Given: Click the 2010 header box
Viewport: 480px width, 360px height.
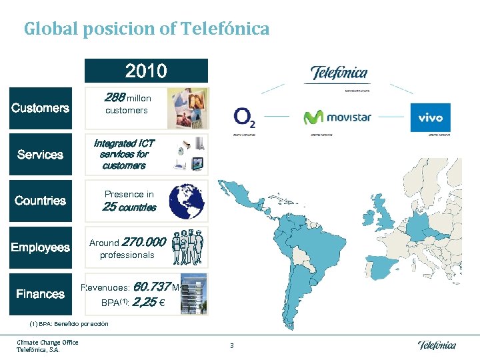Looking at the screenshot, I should pos(147,71).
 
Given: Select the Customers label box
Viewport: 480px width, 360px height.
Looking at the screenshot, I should pos(40,108).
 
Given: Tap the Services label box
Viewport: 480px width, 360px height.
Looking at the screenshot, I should pos(40,155).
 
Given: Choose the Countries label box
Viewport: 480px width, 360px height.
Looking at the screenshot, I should pos(40,201).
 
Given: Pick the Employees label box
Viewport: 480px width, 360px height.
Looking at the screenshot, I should pos(40,247).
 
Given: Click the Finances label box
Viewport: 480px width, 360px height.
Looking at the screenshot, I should pos(40,294).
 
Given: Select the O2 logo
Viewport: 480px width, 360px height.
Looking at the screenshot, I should pos(244,118).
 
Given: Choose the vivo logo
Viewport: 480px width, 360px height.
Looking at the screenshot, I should pos(430,118).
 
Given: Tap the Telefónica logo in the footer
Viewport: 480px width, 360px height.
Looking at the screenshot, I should pos(437,345).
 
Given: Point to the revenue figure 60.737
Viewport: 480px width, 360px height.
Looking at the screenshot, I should pos(151,287).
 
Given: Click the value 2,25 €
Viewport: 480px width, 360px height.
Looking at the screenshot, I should pos(149,302).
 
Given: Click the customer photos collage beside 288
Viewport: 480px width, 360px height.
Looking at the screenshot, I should pos(187,107).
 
